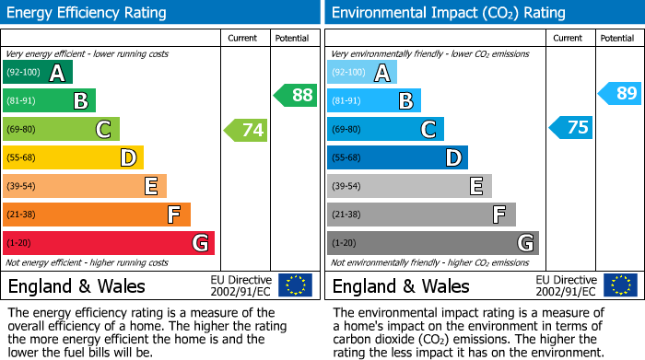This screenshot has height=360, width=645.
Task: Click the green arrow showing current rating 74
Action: pos(246,130)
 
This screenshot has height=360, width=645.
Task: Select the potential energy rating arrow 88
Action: pos(295,95)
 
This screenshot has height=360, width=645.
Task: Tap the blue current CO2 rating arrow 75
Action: pos(571,128)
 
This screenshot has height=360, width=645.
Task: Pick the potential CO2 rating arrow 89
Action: pos(619,93)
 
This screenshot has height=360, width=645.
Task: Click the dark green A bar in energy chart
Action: pos(37,73)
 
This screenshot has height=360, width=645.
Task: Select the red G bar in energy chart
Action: pos(108,243)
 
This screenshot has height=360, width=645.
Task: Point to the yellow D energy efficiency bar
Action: pos(73,158)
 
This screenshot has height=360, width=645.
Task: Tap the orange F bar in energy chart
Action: pos(96,215)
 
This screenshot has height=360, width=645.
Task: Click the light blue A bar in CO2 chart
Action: pos(361,73)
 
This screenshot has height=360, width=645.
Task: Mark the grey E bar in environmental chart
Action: pos(408,186)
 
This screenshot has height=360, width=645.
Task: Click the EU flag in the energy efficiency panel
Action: pos(295,285)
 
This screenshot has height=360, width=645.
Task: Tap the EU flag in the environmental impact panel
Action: pos(619,285)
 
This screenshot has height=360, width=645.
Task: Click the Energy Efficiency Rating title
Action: pos(88,13)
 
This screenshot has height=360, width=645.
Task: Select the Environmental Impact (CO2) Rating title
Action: pos(448,13)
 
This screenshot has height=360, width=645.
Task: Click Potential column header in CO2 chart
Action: pos(617,38)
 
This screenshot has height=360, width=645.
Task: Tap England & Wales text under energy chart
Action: pos(76,285)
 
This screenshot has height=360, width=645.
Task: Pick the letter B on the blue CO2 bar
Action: pos(405,101)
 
